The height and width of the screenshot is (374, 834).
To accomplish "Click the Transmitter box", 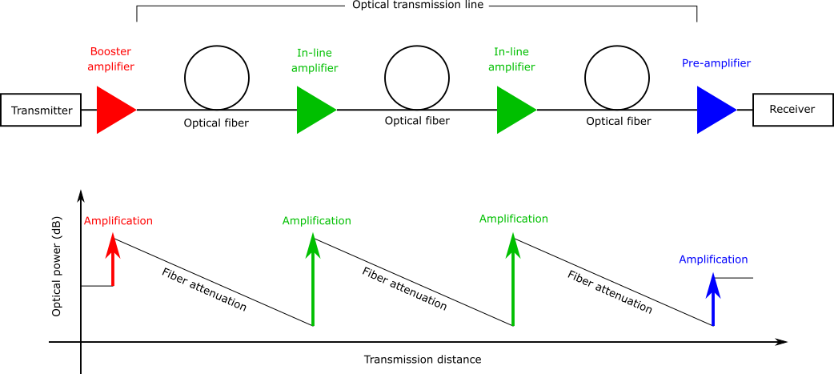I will point(41,111).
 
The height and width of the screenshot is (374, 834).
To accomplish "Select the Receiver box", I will point(792,110).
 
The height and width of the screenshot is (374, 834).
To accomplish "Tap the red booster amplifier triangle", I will point(113,110).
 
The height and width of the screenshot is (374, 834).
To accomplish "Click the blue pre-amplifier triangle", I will point(713,110).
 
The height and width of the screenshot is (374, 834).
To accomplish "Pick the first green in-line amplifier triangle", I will point(313,110).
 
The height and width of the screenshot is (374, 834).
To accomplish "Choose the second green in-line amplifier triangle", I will point(513,110).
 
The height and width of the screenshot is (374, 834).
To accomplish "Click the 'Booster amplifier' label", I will point(112,58).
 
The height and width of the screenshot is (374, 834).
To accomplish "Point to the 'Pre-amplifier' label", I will point(716,62).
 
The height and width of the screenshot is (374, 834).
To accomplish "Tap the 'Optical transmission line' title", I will point(417,6).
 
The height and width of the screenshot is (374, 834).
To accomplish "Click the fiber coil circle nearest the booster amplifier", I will point(218,78).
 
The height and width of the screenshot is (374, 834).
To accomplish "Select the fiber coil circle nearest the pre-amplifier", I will point(618,78).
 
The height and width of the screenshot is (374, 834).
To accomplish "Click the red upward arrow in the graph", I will point(114,261).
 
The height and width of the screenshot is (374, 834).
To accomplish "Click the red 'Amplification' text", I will point(118,221).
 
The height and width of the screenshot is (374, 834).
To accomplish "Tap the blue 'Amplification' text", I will point(713,259).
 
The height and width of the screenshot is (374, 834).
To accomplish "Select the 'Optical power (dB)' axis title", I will point(57,266).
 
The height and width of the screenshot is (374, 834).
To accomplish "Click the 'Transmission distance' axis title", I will point(423,360).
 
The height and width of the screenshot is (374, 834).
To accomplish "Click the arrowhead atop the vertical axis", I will point(80,196).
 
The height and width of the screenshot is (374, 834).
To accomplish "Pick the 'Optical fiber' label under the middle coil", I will point(417,121).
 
